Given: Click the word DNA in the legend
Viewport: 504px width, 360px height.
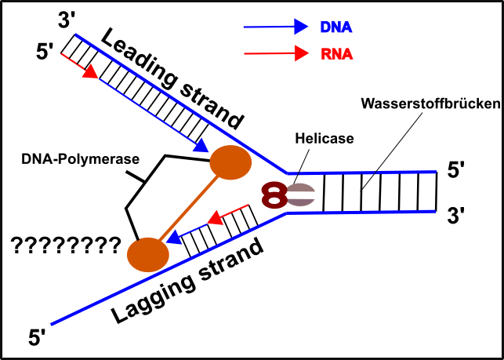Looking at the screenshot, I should pos(335,27).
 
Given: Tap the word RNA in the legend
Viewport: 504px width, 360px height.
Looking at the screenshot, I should pos(336,54).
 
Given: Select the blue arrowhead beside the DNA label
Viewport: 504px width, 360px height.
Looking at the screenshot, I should pos(301,27).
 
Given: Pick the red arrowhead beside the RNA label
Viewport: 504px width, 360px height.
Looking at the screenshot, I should pos(301,53).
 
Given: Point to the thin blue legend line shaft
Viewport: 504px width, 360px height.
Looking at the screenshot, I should pos(267,27).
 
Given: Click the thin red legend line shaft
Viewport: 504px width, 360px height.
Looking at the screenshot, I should pos(267,53).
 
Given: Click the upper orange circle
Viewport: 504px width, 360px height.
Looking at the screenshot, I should pos(230,162).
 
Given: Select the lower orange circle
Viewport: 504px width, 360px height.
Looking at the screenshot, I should pos(148,255).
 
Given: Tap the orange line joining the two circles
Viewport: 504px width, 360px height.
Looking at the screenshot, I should pos(188,209).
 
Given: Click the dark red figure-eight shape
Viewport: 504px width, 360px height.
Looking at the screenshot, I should pos(274,195).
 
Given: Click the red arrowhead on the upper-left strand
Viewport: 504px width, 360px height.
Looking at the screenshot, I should pos(90,71).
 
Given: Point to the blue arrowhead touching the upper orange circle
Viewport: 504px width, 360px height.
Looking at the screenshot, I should pos(201,145).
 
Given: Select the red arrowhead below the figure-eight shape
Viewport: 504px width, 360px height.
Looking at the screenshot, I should pos(216,217).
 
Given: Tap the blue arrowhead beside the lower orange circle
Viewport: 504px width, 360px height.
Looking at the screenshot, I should pos(175,237).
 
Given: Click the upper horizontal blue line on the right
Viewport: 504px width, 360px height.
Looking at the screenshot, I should pos(368,173).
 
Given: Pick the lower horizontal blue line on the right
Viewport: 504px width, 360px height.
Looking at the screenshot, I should pos(368,212).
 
